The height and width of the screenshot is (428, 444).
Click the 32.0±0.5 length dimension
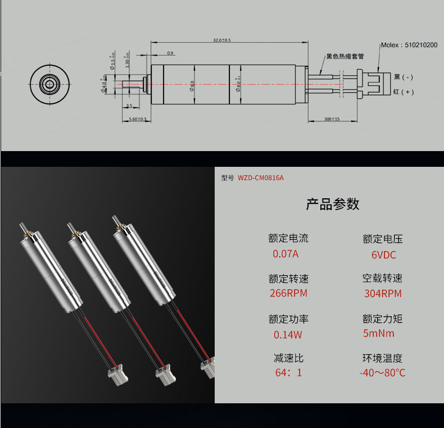pyautogui.click(x=223, y=40)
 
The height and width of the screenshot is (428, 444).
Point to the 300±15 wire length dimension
pyautogui.click(x=332, y=120)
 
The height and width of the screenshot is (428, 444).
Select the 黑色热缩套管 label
pyautogui.click(x=345, y=56)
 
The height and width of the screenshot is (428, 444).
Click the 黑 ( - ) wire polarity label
pyautogui.click(x=403, y=77)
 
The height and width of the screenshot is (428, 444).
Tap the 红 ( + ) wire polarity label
pyautogui.click(x=403, y=92)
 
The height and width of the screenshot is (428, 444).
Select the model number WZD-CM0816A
pyautogui.click(x=261, y=178)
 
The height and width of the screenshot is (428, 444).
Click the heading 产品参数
pyautogui.click(x=332, y=204)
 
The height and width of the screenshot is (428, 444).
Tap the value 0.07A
pyautogui.click(x=286, y=253)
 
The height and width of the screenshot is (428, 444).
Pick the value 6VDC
pyautogui.click(x=384, y=255)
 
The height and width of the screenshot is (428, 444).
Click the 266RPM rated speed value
pyautogui.click(x=288, y=293)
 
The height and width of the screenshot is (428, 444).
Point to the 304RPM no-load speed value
pyautogui.click(x=383, y=293)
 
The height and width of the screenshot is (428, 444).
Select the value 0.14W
pyautogui.click(x=288, y=335)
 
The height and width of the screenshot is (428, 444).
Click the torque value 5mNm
pyautogui.click(x=379, y=334)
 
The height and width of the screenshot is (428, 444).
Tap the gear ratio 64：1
pyautogui.click(x=288, y=372)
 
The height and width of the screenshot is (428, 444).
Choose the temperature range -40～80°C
pyautogui.click(x=382, y=372)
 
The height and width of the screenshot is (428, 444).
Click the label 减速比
pyautogui.click(x=288, y=358)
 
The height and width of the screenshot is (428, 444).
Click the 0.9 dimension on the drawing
pyautogui.click(x=170, y=53)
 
